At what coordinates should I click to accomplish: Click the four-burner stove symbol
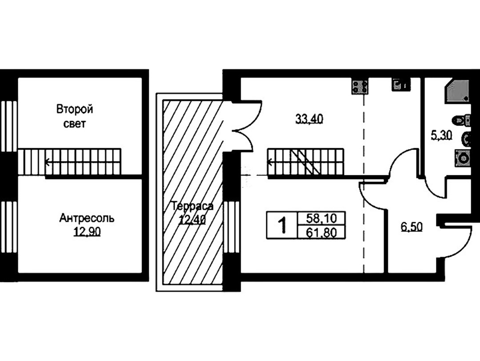pyautogui.click(x=360, y=86)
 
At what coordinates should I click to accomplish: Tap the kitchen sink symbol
pyautogui.click(x=400, y=85)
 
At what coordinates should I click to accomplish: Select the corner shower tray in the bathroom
pyautogui.click(x=457, y=91)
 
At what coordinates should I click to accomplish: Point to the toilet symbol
pyautogui.click(x=463, y=120)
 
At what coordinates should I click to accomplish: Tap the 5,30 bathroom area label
pyautogui.click(x=441, y=135)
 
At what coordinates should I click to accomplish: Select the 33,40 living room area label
pyautogui.click(x=309, y=118)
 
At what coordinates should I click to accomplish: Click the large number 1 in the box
pyautogui.click(x=282, y=225)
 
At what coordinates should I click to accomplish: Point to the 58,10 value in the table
pyautogui.click(x=321, y=219)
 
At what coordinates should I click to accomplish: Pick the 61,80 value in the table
pyautogui.click(x=321, y=233)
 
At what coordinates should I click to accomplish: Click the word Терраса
pyautogui.click(x=192, y=206)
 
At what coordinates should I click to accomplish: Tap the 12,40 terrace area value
pyautogui.click(x=192, y=219)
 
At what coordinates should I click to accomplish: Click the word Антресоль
pyautogui.click(x=87, y=219)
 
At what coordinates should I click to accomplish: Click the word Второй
pyautogui.click(x=75, y=109)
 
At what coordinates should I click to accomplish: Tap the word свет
pyautogui.click(x=75, y=124)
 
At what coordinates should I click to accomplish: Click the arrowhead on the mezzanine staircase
pyautogui.click(x=48, y=162)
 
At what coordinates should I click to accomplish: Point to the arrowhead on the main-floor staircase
pyautogui.click(x=270, y=162)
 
